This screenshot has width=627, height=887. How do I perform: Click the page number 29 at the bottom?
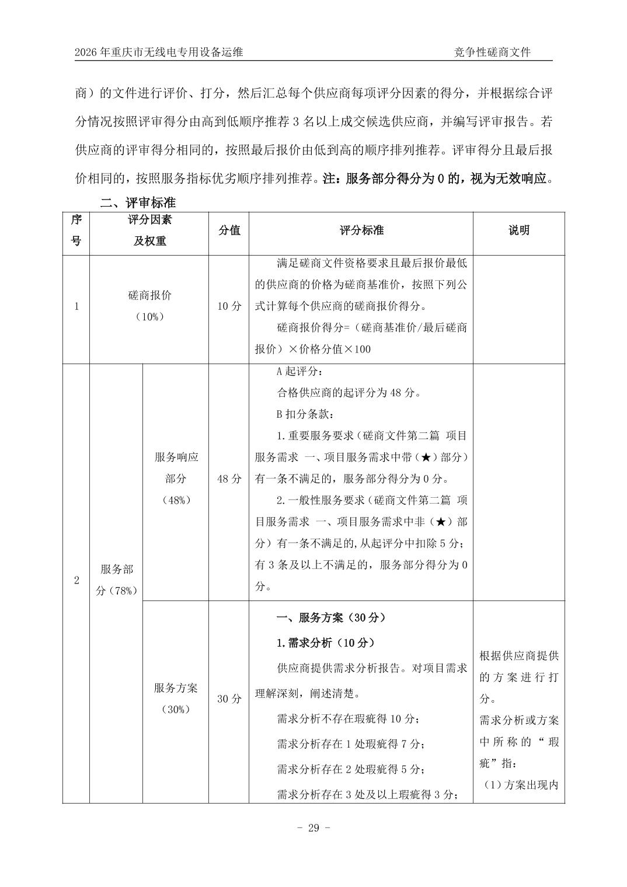coord(313,828)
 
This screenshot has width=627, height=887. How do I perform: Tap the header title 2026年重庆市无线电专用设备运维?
coord(159,53)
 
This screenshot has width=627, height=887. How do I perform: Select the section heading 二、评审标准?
coord(138,203)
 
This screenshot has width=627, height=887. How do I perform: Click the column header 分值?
coord(229,231)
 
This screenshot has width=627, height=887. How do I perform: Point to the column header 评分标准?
coord(361,231)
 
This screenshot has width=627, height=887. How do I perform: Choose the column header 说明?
coord(518,231)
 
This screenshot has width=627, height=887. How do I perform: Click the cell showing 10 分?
coord(229,306)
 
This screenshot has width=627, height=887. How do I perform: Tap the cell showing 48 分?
coord(229,479)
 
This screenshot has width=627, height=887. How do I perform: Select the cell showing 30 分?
coord(229,699)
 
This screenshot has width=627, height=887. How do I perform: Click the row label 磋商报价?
coord(149,295)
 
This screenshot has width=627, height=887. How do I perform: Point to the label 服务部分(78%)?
coord(116,580)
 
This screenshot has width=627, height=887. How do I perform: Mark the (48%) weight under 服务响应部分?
coord(175,500)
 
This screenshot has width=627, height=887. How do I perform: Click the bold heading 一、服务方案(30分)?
coord(330,617)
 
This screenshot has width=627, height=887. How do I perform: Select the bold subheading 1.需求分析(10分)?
coord(325,643)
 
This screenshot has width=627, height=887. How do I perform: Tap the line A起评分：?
coord(298,371)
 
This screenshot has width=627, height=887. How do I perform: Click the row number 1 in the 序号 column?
coord(76,306)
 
